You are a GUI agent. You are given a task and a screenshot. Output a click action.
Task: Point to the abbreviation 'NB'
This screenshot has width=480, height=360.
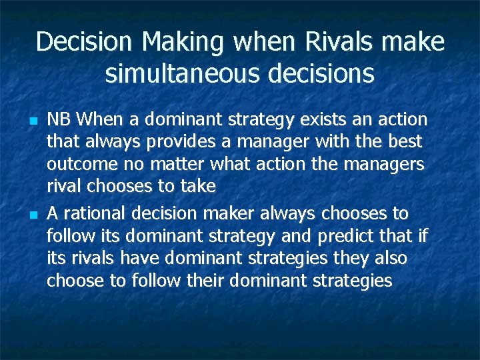point(59,120)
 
